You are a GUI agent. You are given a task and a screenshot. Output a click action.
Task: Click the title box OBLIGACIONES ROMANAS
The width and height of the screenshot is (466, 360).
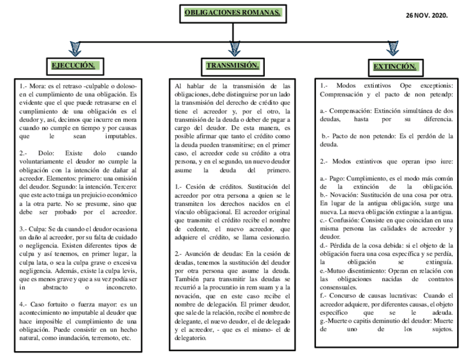232,12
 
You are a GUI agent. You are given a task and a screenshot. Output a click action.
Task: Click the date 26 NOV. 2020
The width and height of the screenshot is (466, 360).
426,15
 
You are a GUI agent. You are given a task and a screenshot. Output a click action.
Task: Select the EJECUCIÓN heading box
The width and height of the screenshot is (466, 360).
73,66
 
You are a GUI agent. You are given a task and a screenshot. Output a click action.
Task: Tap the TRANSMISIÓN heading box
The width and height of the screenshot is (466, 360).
232,66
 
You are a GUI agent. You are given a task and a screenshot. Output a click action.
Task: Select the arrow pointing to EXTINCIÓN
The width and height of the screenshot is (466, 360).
392,49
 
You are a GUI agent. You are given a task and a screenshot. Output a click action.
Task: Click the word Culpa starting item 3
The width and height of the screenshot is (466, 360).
38,228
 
